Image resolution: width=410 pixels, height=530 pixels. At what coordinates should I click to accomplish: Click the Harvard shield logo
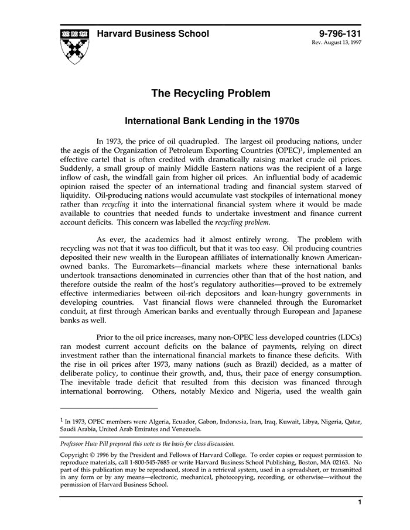73,45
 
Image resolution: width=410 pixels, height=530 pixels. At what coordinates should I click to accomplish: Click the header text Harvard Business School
153,34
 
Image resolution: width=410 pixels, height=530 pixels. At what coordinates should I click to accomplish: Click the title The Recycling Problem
211,93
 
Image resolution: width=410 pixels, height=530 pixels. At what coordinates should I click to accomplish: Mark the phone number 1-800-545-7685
163,462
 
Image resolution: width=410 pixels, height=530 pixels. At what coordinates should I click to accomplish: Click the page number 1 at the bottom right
359,503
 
